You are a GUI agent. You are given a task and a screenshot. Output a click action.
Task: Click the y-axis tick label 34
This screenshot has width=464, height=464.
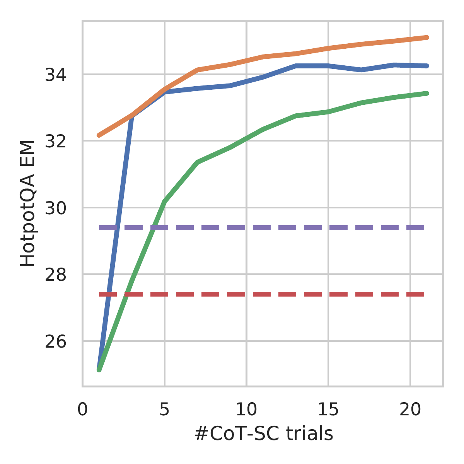(x=55, y=74)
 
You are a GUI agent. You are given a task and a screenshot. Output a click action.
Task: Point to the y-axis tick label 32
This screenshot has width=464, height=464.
(x=55, y=141)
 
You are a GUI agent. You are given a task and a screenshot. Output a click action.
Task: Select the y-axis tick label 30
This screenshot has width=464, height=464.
(x=55, y=208)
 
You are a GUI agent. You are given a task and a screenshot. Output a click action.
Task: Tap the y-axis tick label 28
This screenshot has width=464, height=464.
(x=55, y=275)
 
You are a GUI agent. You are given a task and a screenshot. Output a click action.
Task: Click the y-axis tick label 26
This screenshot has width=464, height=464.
(x=55, y=341)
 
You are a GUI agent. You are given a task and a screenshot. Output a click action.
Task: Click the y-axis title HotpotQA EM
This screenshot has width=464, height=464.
(x=28, y=203)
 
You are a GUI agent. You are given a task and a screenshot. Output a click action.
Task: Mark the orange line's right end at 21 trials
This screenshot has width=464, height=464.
(x=426, y=38)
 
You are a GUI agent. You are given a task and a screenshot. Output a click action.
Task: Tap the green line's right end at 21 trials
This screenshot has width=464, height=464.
(x=426, y=93)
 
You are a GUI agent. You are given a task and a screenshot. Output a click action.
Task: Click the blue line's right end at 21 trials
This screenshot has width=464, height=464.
(x=426, y=66)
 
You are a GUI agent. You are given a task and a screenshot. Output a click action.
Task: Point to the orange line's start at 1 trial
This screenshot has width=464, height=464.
(x=99, y=135)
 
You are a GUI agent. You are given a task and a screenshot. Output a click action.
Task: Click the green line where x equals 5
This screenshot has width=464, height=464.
(x=165, y=201)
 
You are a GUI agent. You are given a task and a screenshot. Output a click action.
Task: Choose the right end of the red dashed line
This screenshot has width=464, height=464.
(x=424, y=294)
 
